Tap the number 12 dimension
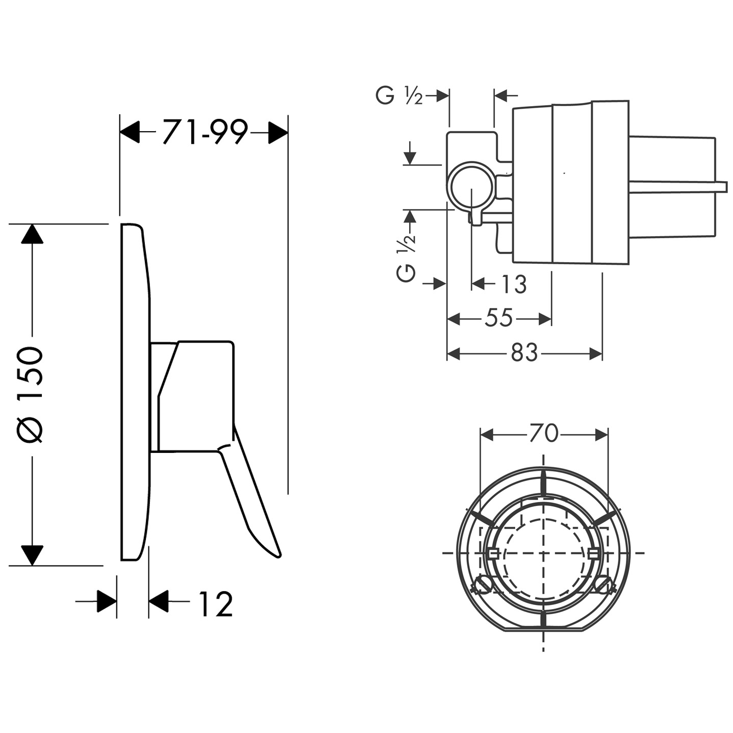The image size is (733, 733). coord(215,604)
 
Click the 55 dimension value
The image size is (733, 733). coord(499,318)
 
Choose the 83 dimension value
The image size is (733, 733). coord(524,352)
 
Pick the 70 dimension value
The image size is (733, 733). coord(544,433)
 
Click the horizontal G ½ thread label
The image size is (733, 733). coord(399,95)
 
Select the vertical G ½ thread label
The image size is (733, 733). coord(406,259)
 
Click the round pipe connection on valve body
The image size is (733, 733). coord(472,186)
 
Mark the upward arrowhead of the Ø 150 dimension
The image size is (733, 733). coord(32,234)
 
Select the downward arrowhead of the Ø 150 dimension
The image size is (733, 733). coord(32,555)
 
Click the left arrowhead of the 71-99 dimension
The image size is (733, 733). coord(130,132)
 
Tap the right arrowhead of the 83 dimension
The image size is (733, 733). coord(596,354)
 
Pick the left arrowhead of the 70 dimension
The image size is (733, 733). coord(487,435)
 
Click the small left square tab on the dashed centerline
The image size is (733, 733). coord(493,553)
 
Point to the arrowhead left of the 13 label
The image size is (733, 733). coord(478,284)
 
